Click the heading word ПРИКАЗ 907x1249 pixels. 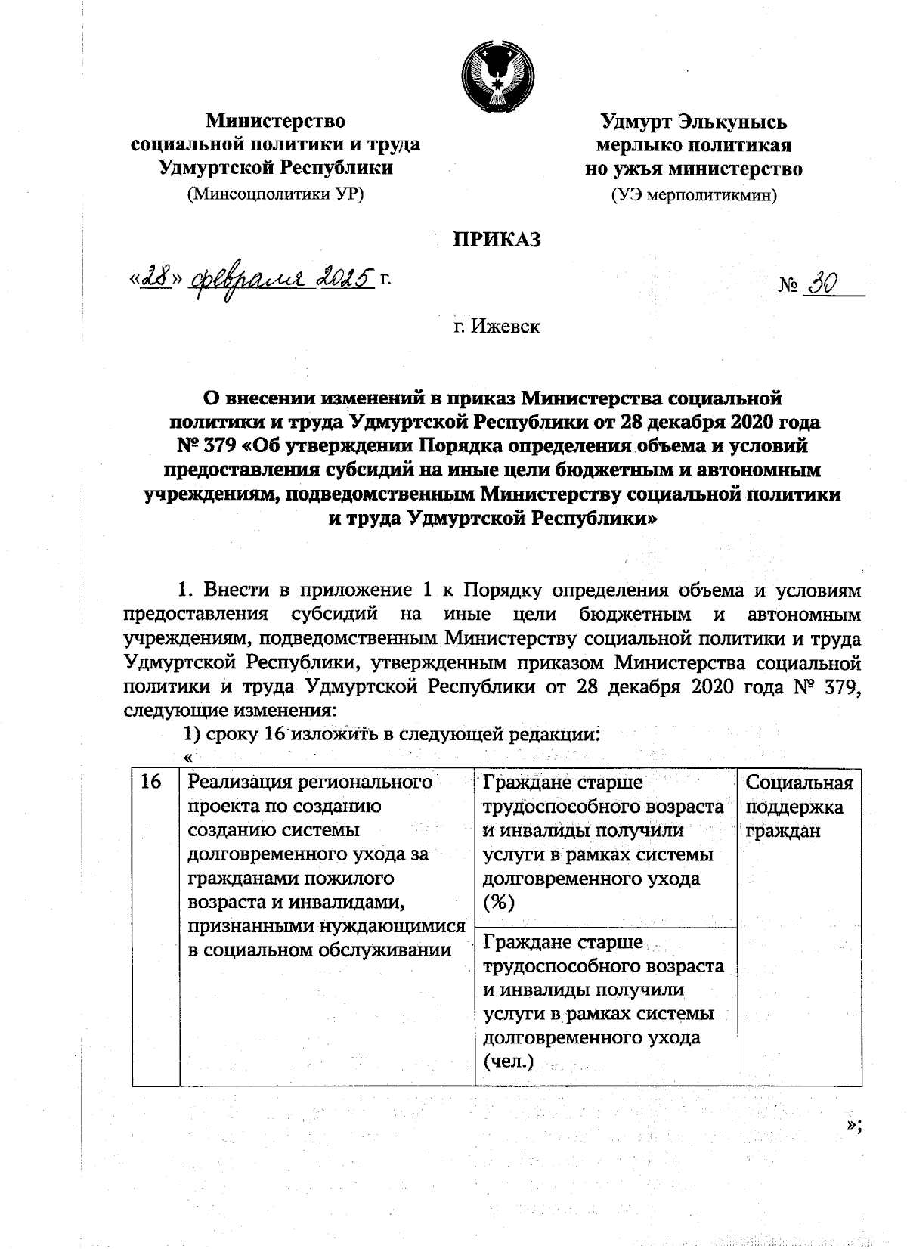[x=497, y=240]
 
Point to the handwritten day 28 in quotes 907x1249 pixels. [x=154, y=279]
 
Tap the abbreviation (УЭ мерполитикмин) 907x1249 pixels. [x=693, y=196]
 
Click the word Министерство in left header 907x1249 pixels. [x=276, y=121]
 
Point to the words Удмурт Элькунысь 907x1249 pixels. [x=693, y=122]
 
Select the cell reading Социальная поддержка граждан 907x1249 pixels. [x=798, y=807]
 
